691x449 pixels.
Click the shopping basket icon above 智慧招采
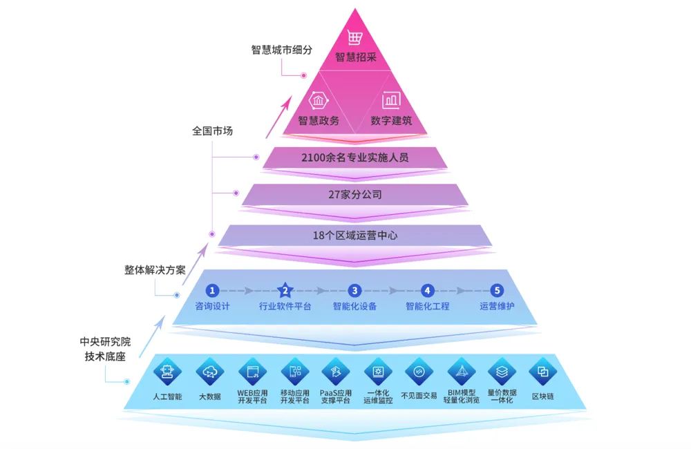click(355, 38)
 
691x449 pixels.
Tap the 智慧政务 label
click(319, 120)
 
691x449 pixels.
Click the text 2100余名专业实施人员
click(354, 157)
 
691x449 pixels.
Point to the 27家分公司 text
click(354, 195)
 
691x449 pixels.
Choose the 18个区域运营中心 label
click(354, 236)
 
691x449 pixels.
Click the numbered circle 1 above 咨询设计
click(213, 291)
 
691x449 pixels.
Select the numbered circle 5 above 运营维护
click(497, 291)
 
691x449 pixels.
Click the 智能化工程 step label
click(427, 306)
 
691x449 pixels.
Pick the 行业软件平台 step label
click(285, 306)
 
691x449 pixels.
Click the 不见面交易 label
click(419, 396)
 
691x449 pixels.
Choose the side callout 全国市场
click(212, 130)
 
